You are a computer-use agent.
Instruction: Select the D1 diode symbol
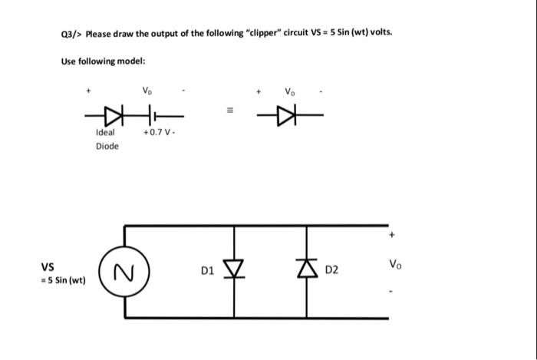tap(233, 270)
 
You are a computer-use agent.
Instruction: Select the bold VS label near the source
tap(47, 267)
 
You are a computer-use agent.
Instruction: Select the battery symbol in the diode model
tap(155, 116)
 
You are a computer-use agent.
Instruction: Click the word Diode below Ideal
tap(107, 146)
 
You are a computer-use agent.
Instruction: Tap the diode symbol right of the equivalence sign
tap(287, 116)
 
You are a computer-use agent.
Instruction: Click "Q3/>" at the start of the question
tap(71, 35)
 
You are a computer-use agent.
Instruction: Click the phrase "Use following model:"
tap(102, 61)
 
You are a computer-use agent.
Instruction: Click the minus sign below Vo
tap(394, 290)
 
